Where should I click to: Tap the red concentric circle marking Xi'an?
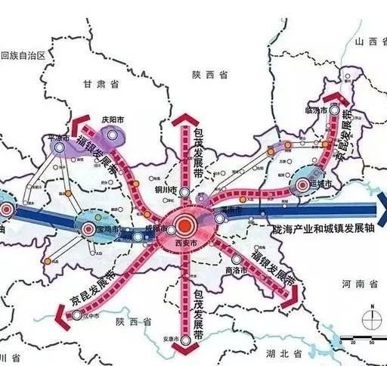point(185,225)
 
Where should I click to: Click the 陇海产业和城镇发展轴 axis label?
point(321,227)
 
